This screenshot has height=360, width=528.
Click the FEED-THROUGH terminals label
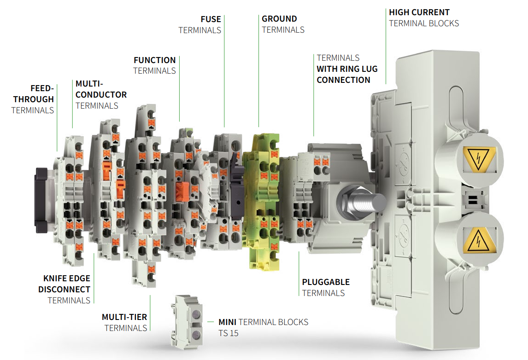[33, 99]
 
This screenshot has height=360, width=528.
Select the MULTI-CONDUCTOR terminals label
[100, 94]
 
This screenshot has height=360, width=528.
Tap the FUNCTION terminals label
[155, 65]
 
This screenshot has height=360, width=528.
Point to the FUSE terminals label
[200, 24]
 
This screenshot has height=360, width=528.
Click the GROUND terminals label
[283, 24]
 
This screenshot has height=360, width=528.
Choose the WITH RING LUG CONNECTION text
[346, 75]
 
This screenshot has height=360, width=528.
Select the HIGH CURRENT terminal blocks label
[423, 17]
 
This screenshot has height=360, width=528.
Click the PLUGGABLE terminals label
[326, 287]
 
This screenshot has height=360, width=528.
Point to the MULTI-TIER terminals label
[125, 322]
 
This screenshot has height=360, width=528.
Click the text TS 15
[229, 333]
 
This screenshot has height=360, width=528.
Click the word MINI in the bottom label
[228, 322]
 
